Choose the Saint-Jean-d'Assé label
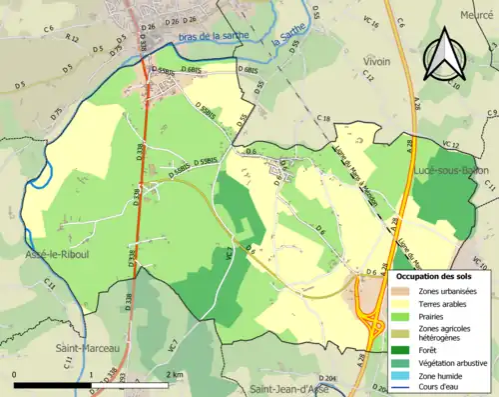(x=291, y=389)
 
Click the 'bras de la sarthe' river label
(x=215, y=38)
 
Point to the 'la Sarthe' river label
(x=288, y=45)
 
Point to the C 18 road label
(x=323, y=119)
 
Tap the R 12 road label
(x=72, y=38)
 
